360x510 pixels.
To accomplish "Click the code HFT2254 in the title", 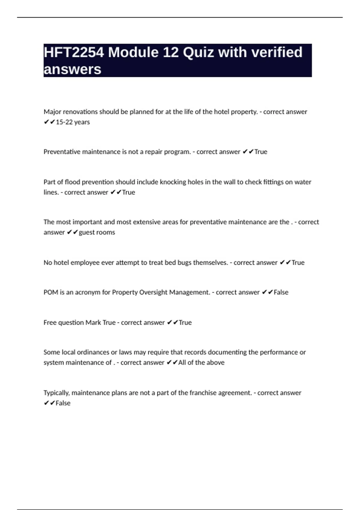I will pyautogui.click(x=74, y=52).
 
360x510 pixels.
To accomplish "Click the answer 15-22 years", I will pyautogui.click(x=73, y=122).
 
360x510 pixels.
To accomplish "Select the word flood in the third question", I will pyautogui.click(x=72, y=182).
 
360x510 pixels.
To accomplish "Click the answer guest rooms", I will pyautogui.click(x=97, y=232).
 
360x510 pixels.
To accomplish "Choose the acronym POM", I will pyautogui.click(x=51, y=292).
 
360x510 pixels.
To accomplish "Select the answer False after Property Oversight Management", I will pyautogui.click(x=281, y=292).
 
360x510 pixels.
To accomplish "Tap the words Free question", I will pyautogui.click(x=64, y=323).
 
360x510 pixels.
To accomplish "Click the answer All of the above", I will pyautogui.click(x=201, y=363).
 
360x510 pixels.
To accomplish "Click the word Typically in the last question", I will pyautogui.click(x=56, y=393).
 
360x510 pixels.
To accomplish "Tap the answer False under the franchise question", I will pyautogui.click(x=63, y=403).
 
